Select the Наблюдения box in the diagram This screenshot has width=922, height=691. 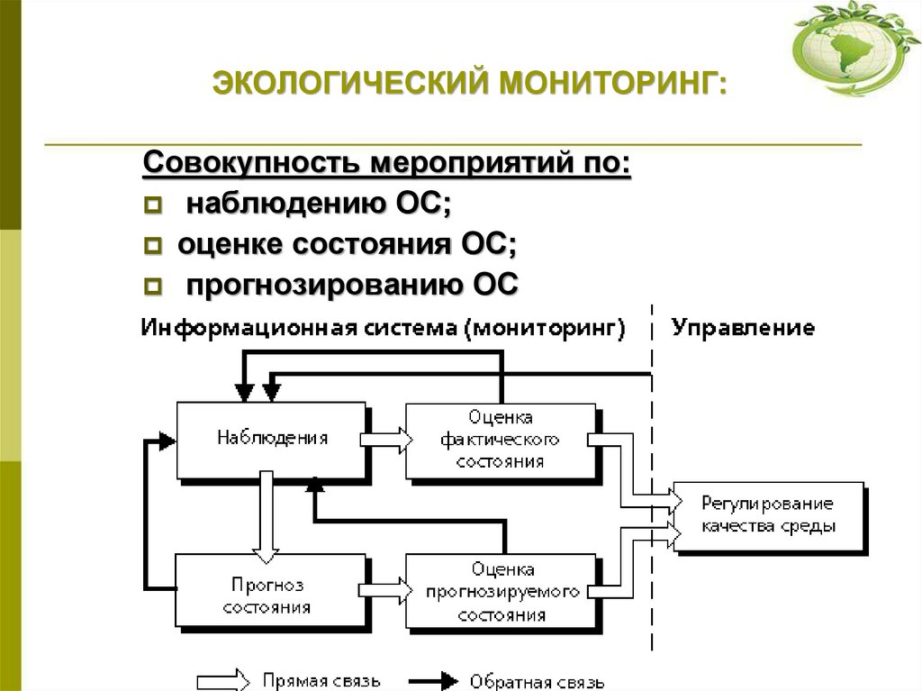coord(271,440)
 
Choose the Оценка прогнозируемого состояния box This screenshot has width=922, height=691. coord(500,592)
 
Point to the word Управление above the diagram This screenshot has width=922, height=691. coord(744,327)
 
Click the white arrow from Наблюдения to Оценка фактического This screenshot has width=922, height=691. coord(384,440)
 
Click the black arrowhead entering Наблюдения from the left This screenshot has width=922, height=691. coord(166,441)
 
